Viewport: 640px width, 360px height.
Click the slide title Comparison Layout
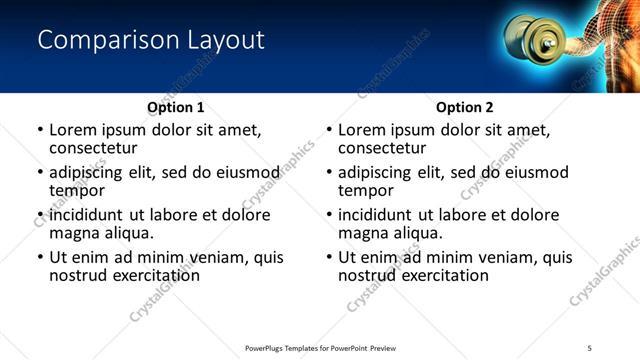pyautogui.click(x=150, y=41)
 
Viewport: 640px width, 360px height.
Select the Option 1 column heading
pyautogui.click(x=176, y=107)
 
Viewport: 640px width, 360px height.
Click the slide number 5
pyautogui.click(x=589, y=347)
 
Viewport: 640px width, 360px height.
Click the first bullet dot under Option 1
pyautogui.click(x=40, y=131)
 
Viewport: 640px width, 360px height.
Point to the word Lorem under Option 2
pyautogui.click(x=361, y=130)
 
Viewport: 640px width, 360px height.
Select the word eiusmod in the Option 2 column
pyautogui.click(x=533, y=172)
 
